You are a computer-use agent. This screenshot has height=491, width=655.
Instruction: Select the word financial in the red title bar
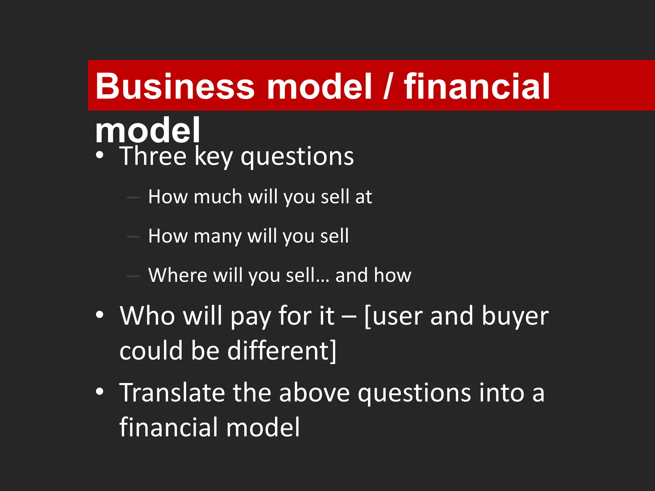(x=477, y=86)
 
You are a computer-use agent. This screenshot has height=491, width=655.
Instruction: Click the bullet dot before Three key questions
(x=100, y=155)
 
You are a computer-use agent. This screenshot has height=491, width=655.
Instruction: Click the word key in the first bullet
(x=214, y=157)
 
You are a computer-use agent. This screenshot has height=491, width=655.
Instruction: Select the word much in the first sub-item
(x=218, y=196)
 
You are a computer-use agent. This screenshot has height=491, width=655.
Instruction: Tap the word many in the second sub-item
(x=217, y=237)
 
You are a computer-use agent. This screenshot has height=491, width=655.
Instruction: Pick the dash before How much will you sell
(x=133, y=198)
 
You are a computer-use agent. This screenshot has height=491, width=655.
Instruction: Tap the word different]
(x=282, y=350)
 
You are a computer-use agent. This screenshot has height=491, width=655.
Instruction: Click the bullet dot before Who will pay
(x=100, y=315)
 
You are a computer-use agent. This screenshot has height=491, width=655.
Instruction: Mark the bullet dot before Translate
(x=100, y=391)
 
